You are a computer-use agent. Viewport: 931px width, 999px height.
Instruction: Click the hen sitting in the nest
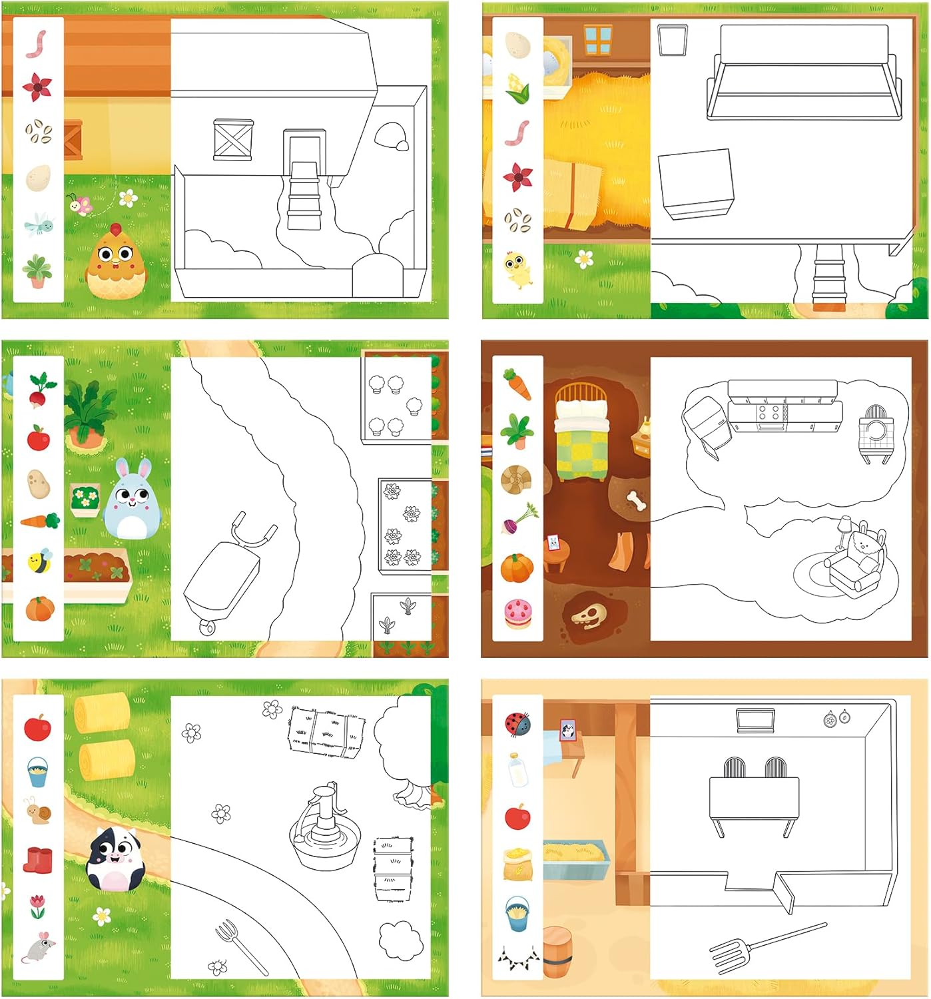tap(115, 262)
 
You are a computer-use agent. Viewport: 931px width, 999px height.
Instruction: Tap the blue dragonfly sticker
tap(38, 224)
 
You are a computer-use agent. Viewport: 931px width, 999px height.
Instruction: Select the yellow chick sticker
tap(517, 268)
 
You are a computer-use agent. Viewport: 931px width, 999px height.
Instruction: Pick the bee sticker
tap(39, 560)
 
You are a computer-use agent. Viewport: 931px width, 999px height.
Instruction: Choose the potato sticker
tap(39, 484)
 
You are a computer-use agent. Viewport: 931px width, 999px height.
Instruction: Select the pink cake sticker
tap(517, 613)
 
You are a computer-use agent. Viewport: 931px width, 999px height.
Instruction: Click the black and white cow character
tap(115, 859)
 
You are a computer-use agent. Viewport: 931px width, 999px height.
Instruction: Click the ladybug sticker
tap(518, 723)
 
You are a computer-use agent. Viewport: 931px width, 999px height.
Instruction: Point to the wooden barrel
tap(557, 952)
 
